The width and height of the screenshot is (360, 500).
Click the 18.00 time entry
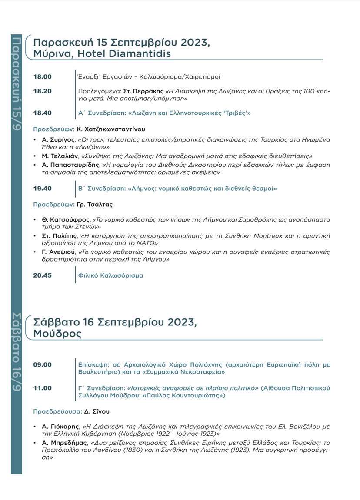[42, 77]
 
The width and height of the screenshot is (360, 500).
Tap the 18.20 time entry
[42, 91]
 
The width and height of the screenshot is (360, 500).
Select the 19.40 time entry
[42, 189]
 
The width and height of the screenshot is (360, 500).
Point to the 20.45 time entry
[42, 275]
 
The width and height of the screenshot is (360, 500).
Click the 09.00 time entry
[42, 365]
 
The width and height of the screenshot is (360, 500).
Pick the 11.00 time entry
[42, 388]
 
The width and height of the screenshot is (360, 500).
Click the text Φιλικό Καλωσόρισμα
[110, 275]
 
